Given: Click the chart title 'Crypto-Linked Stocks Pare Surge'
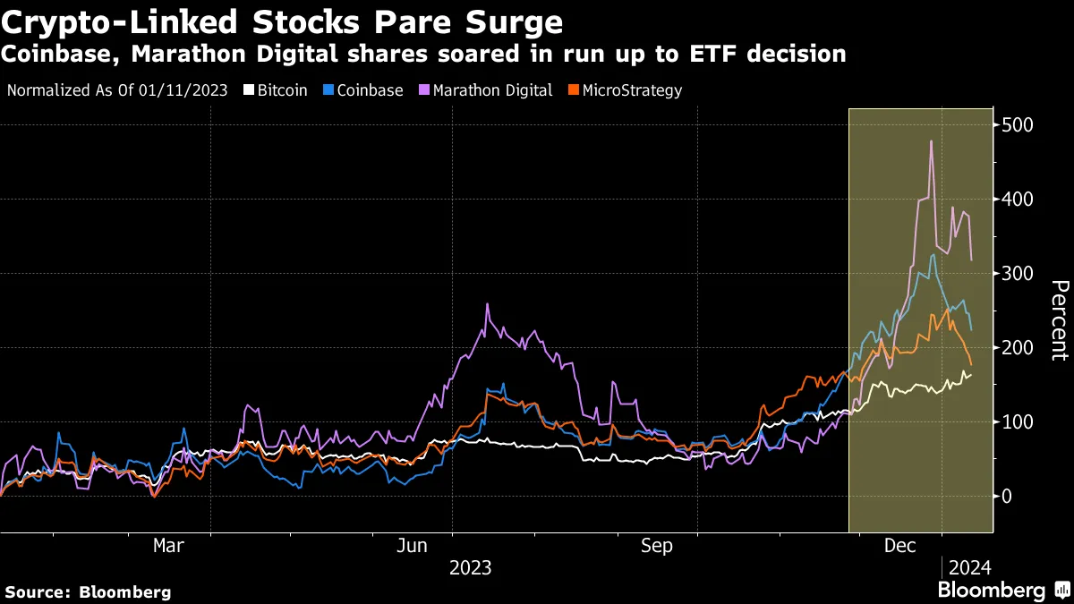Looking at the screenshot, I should (282, 21).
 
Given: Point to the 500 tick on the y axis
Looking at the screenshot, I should (1019, 125).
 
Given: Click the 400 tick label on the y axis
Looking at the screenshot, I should (1019, 200).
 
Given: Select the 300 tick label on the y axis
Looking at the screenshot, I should (1019, 274).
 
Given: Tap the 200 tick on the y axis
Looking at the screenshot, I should (1019, 348).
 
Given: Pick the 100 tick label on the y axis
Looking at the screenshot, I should (1019, 422).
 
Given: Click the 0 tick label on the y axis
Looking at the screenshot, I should (1008, 497).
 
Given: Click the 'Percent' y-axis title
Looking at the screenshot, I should (1059, 320).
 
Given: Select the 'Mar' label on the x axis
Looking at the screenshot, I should (168, 545).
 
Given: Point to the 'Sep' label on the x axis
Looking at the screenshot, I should (658, 545).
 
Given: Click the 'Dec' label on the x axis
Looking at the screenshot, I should (899, 545).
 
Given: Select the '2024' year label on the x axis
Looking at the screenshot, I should (969, 568).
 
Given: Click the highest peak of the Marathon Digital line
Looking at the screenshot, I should (932, 141).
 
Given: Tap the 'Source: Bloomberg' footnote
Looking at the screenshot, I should (88, 591).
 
